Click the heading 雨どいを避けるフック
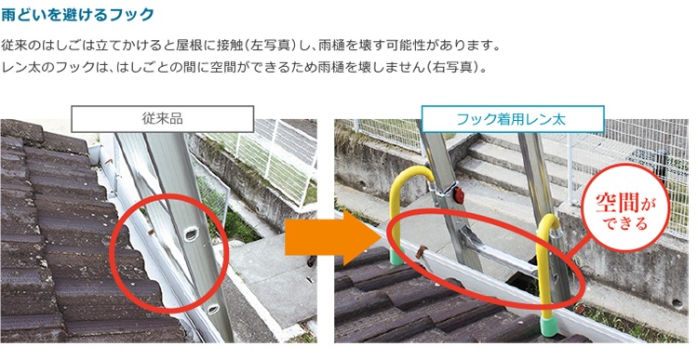tap(77, 15)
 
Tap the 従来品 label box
tap(163, 119)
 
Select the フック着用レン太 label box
tap(513, 119)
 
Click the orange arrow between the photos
tap(331, 237)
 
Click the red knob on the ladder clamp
tap(458, 193)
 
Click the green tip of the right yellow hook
tap(548, 327)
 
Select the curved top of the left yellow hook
tap(411, 177)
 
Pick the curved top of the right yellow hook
tap(549, 222)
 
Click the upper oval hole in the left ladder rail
tap(192, 233)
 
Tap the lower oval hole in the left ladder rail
tap(213, 309)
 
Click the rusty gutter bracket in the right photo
tap(421, 252)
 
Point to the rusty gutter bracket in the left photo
tap(151, 232)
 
